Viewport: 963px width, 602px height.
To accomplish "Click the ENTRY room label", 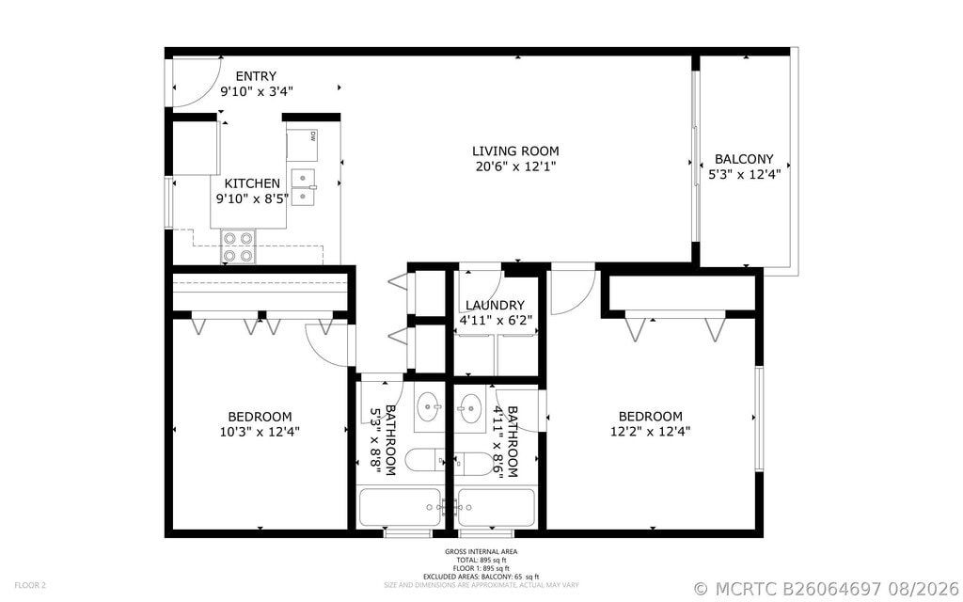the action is (x=256, y=76).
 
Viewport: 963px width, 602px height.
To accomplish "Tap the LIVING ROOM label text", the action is (x=516, y=151).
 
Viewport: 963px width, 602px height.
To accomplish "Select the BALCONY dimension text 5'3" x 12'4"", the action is (x=745, y=174).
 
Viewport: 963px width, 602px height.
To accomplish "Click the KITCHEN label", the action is (x=252, y=183).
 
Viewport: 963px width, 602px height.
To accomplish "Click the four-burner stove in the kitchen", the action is (x=238, y=246).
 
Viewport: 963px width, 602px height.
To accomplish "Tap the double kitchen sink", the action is (x=304, y=187).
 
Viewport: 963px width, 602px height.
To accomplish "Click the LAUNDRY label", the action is (x=495, y=306).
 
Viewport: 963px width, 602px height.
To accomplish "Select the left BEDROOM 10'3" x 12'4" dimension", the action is (x=260, y=432).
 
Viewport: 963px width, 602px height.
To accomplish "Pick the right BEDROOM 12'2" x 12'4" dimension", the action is (x=651, y=431).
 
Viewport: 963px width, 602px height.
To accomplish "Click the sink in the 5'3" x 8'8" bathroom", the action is (x=429, y=406).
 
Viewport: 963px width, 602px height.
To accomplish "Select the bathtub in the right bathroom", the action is (x=497, y=507).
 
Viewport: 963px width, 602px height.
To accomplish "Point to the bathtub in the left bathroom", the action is (x=400, y=507).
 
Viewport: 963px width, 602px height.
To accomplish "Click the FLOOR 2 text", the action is (x=30, y=585).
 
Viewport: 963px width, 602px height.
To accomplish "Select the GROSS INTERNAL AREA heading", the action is (x=481, y=551).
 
